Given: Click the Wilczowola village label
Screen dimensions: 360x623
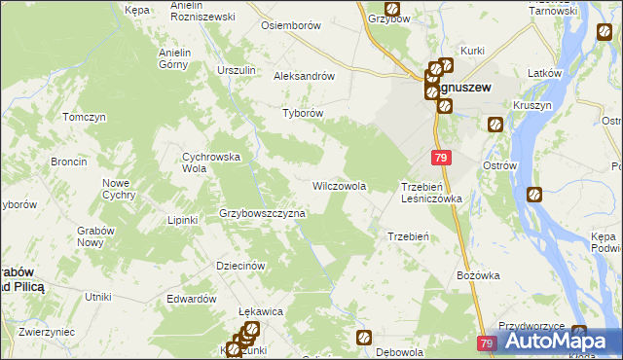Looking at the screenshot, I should click(x=339, y=185).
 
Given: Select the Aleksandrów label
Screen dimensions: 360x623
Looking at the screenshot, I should click(x=305, y=76).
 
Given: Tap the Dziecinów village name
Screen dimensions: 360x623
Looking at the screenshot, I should click(x=240, y=266).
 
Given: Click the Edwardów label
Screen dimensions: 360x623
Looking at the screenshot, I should click(x=191, y=299).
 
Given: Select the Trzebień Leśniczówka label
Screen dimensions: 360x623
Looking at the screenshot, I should click(x=431, y=192).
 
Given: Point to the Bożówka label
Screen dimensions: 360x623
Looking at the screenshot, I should click(x=478, y=275).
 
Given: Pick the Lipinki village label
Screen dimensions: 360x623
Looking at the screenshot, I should click(x=182, y=220).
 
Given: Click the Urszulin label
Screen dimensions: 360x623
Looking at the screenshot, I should click(x=237, y=70).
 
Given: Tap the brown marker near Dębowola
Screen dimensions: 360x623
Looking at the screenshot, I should click(x=364, y=338).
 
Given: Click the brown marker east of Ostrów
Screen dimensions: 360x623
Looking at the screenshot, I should click(x=534, y=195).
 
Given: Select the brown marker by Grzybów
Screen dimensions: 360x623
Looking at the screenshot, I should click(x=391, y=9).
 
